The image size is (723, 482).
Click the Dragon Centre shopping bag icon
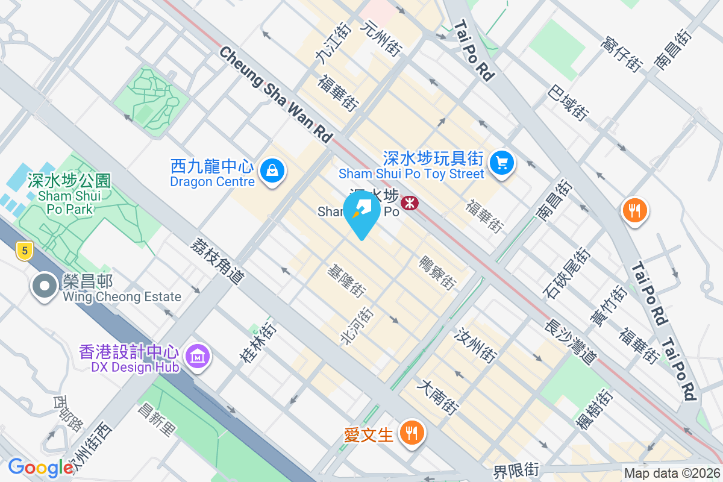pos(272,172)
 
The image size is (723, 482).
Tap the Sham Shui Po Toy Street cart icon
pos(501,163)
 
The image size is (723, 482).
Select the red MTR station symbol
pos(410,202)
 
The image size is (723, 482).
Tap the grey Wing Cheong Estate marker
pos(45,286)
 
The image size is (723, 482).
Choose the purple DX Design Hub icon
pos(197,356)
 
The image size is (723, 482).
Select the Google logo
pos(40,468)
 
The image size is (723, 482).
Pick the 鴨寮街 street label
pos(437,272)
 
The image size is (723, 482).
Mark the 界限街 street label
pos(516,470)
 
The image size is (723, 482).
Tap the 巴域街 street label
pos(569,101)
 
